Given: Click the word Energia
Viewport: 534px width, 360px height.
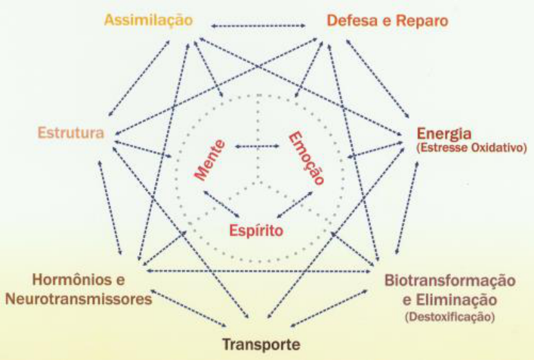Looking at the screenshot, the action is (x=445, y=134).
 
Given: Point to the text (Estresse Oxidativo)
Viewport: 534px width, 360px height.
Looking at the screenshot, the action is (x=472, y=148).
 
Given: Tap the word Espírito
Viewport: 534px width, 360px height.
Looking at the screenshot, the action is (x=256, y=229).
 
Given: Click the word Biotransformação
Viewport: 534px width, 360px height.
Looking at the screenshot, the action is (x=450, y=281).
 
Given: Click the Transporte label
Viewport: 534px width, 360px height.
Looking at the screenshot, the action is (x=260, y=345).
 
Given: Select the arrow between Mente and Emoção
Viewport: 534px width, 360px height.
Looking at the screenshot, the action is (x=257, y=147).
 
